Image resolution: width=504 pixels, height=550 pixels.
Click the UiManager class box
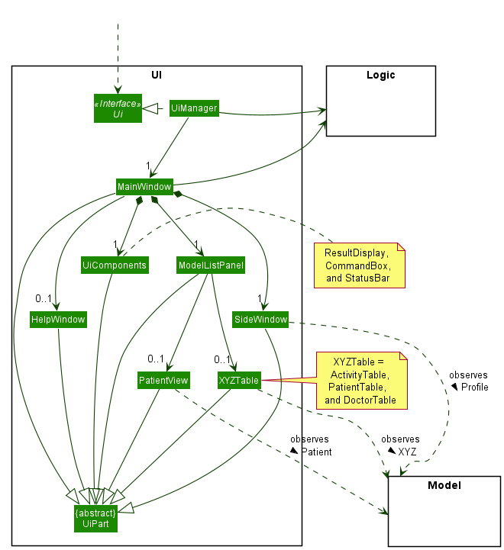click(193, 109)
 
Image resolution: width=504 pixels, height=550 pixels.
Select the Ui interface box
click(118, 109)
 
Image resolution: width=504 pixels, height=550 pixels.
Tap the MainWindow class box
click(144, 186)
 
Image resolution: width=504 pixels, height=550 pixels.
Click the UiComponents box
click(115, 265)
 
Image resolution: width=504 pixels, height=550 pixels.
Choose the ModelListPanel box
click(210, 265)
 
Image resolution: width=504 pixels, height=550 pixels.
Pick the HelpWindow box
click(58, 319)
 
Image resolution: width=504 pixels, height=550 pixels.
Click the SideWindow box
click(261, 320)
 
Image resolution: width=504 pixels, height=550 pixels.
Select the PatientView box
click(163, 379)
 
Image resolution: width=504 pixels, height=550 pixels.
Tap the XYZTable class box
click(238, 379)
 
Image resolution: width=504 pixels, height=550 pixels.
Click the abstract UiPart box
click(95, 516)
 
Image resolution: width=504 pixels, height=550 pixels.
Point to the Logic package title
click(380, 75)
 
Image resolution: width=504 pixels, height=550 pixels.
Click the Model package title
click(444, 485)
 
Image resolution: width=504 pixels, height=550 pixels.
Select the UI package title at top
click(157, 75)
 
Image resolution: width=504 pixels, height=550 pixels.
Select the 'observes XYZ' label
click(401, 445)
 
